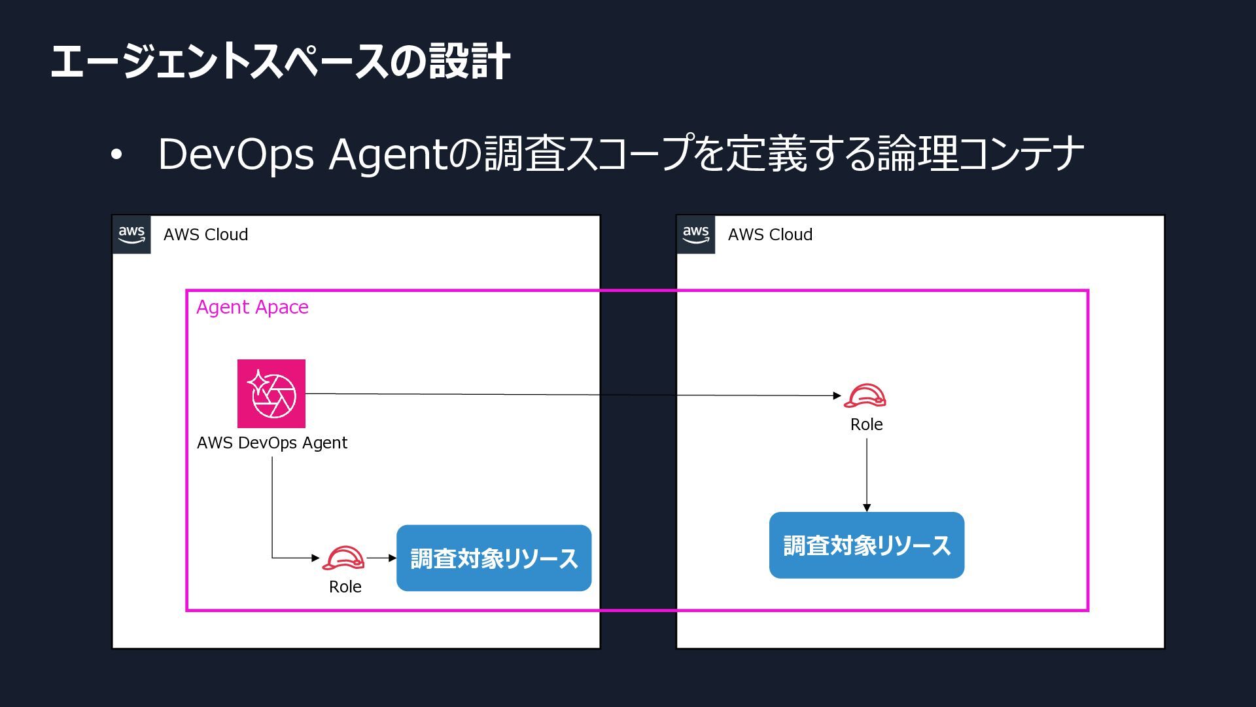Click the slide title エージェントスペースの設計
[280, 62]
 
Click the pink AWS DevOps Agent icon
[271, 393]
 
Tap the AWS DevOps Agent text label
[272, 443]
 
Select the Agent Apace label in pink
[253, 307]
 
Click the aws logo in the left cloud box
[131, 234]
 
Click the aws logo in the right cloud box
[696, 234]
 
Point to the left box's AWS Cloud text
[206, 234]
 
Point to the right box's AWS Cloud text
[771, 234]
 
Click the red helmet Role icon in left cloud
[343, 558]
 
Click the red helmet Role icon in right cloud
[865, 395]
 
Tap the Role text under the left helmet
[345, 587]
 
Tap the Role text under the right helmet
[867, 424]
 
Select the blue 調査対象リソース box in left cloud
[494, 558]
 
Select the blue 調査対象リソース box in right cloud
[867, 545]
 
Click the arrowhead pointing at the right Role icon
[837, 395]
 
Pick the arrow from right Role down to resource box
[867, 475]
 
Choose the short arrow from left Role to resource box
[381, 558]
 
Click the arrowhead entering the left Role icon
[316, 558]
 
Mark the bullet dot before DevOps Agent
[116, 155]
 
